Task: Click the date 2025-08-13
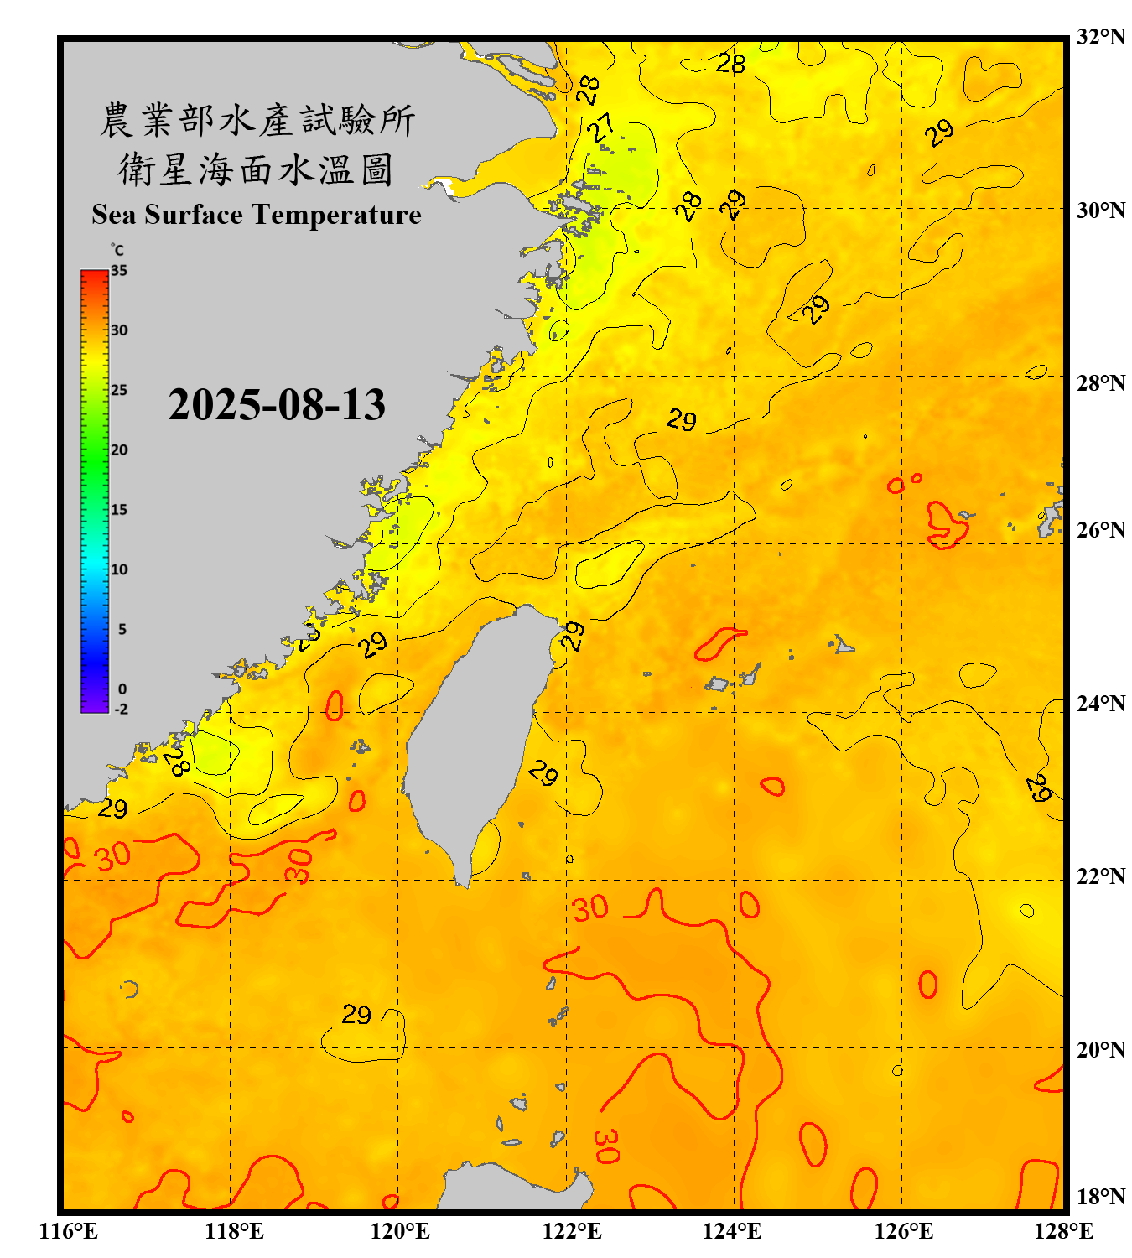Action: coord(277,405)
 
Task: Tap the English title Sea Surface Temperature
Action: coord(256,215)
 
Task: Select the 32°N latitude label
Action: coord(1100,37)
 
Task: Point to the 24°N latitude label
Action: coord(1100,703)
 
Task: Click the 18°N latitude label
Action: coord(1100,1197)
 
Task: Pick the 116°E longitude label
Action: coord(69,1231)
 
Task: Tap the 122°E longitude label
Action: coord(572,1231)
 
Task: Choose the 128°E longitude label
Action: coord(1063,1231)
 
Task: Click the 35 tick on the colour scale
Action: coord(119,271)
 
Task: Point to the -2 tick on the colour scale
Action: coord(121,710)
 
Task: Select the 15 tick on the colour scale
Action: coord(119,510)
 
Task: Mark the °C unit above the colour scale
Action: coord(117,250)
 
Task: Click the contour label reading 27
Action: coord(601,128)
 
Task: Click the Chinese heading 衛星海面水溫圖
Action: coord(256,169)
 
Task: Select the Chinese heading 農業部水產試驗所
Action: coord(257,120)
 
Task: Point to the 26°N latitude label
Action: coord(1100,530)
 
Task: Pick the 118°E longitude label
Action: coord(235,1231)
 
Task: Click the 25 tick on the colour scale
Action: coord(119,390)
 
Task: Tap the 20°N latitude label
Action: coord(1100,1049)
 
